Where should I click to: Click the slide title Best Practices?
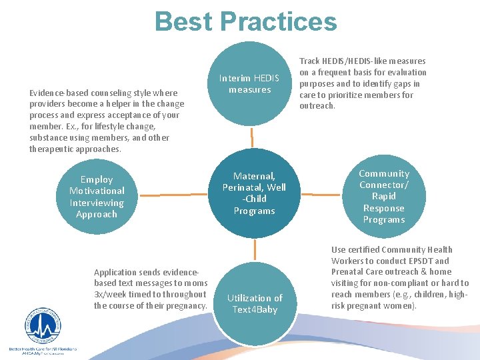click(245, 21)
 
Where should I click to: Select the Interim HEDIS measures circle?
click(250, 84)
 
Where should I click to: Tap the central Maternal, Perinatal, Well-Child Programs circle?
click(253, 193)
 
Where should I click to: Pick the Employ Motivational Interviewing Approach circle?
click(97, 197)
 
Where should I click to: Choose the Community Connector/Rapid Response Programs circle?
click(384, 196)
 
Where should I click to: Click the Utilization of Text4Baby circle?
click(254, 303)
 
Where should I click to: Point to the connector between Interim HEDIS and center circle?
click(251, 137)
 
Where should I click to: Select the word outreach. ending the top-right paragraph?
click(317, 106)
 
